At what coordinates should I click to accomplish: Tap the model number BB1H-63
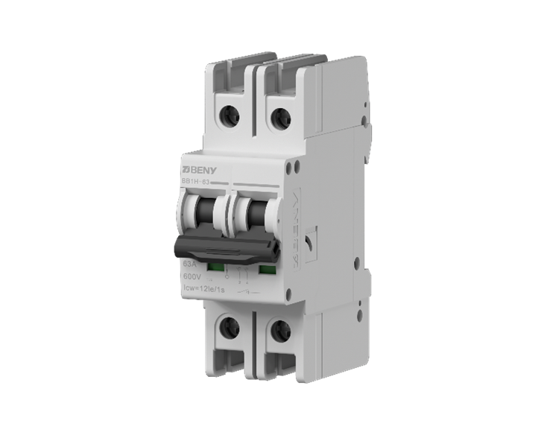[196, 180]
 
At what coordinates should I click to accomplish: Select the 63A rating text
[190, 264]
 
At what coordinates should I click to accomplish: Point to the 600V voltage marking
[192, 277]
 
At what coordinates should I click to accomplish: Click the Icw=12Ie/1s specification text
[206, 291]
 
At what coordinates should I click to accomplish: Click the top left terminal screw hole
[230, 114]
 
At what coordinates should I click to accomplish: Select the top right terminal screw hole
[279, 117]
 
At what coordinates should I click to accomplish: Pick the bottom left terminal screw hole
[229, 326]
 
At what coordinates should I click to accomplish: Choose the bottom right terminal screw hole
[280, 331]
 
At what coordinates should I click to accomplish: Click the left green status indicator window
[215, 266]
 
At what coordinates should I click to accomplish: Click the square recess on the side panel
[310, 244]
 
